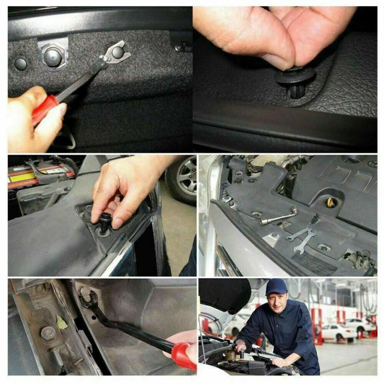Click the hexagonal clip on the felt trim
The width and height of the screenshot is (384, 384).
coord(53,57)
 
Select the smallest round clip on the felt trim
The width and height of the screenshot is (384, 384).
coord(20,63)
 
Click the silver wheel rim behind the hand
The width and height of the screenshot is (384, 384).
coord(182,176)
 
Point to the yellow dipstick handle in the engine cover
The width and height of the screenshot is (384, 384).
coord(331,202)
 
